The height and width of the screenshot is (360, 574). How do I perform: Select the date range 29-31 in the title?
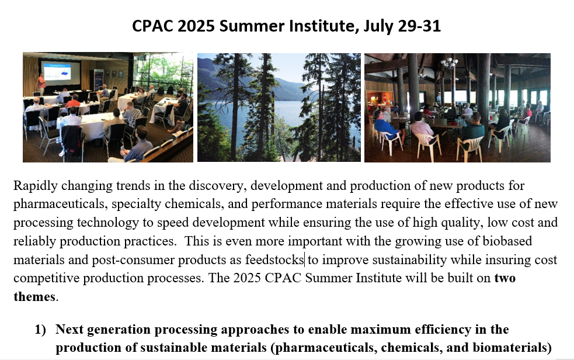coord(420,26)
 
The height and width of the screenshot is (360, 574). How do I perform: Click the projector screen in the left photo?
coord(61,72)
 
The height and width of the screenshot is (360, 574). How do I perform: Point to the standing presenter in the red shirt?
coord(41,84)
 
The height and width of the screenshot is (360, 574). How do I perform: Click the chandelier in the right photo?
coord(449,63)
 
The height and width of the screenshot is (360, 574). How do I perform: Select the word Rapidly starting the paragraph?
coord(36,186)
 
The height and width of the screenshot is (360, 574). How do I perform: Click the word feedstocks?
coord(274,260)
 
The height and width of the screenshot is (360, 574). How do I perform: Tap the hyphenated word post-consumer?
coord(133,261)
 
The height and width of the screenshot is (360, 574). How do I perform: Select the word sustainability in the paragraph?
coord(409,260)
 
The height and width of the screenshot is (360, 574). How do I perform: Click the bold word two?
coord(505,278)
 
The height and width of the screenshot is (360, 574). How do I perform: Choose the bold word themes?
coord(34,297)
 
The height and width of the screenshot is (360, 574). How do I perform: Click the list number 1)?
coord(40,330)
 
